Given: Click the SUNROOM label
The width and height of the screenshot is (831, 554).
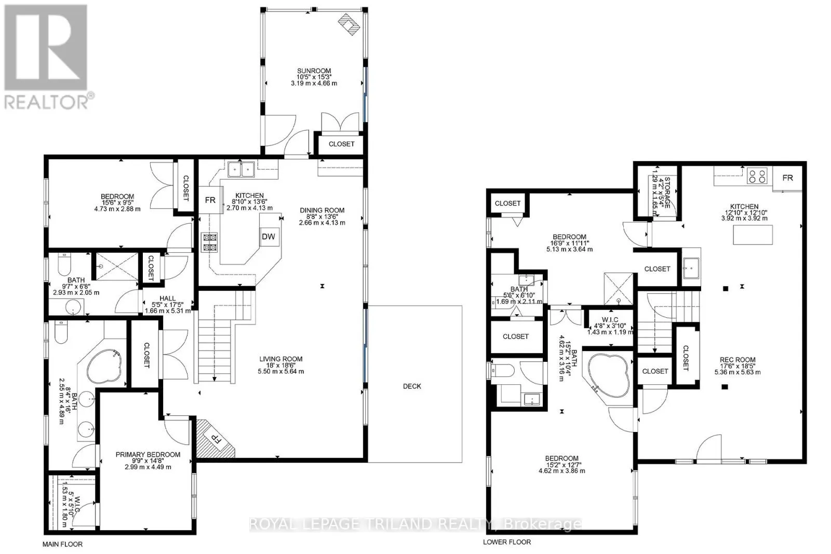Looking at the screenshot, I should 314,71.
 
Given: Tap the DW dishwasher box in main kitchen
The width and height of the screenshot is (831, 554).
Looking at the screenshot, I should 268,237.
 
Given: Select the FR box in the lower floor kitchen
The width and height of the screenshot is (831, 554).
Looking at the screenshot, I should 787,178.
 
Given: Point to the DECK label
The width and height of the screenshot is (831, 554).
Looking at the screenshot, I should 412,386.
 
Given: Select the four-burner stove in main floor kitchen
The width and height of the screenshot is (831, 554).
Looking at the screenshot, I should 209,242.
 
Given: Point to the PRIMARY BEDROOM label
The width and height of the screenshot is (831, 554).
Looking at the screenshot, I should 148,455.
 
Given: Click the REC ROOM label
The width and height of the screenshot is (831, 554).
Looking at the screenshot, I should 738,360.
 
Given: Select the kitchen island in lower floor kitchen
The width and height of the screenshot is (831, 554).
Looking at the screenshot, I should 753,235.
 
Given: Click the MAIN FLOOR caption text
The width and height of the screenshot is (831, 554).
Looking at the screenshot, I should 62,544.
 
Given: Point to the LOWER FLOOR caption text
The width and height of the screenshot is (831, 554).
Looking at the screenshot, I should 507,542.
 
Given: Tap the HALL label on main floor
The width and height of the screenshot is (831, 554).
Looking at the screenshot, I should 167,299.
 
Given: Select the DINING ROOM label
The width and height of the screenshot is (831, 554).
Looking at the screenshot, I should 322,210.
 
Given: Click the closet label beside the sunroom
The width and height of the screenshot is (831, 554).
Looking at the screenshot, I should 341,144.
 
